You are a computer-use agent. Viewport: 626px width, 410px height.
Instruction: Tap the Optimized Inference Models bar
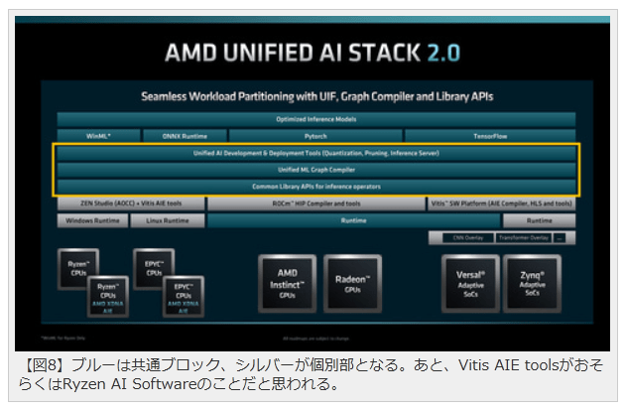point(315,119)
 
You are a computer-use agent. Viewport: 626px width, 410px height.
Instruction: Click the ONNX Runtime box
point(182,135)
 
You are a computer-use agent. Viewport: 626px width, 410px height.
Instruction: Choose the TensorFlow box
point(489,135)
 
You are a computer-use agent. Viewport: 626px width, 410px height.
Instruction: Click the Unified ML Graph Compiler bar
point(315,170)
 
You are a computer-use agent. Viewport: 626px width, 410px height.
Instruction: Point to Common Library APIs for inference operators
point(315,186)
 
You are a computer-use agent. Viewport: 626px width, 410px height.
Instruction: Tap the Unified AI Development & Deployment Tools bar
point(315,154)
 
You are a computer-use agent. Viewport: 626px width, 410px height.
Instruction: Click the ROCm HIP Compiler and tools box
point(316,204)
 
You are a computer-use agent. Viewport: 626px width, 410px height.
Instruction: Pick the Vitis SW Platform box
point(502,204)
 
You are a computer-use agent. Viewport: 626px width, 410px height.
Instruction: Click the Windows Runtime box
point(91,220)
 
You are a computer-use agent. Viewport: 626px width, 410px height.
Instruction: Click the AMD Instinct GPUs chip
point(287,282)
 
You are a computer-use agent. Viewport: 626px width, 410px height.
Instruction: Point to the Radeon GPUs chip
point(352,282)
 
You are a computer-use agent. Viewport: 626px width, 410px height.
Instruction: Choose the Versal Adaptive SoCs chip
point(470,282)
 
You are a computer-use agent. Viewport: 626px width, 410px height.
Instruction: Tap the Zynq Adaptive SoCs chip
point(533,282)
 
